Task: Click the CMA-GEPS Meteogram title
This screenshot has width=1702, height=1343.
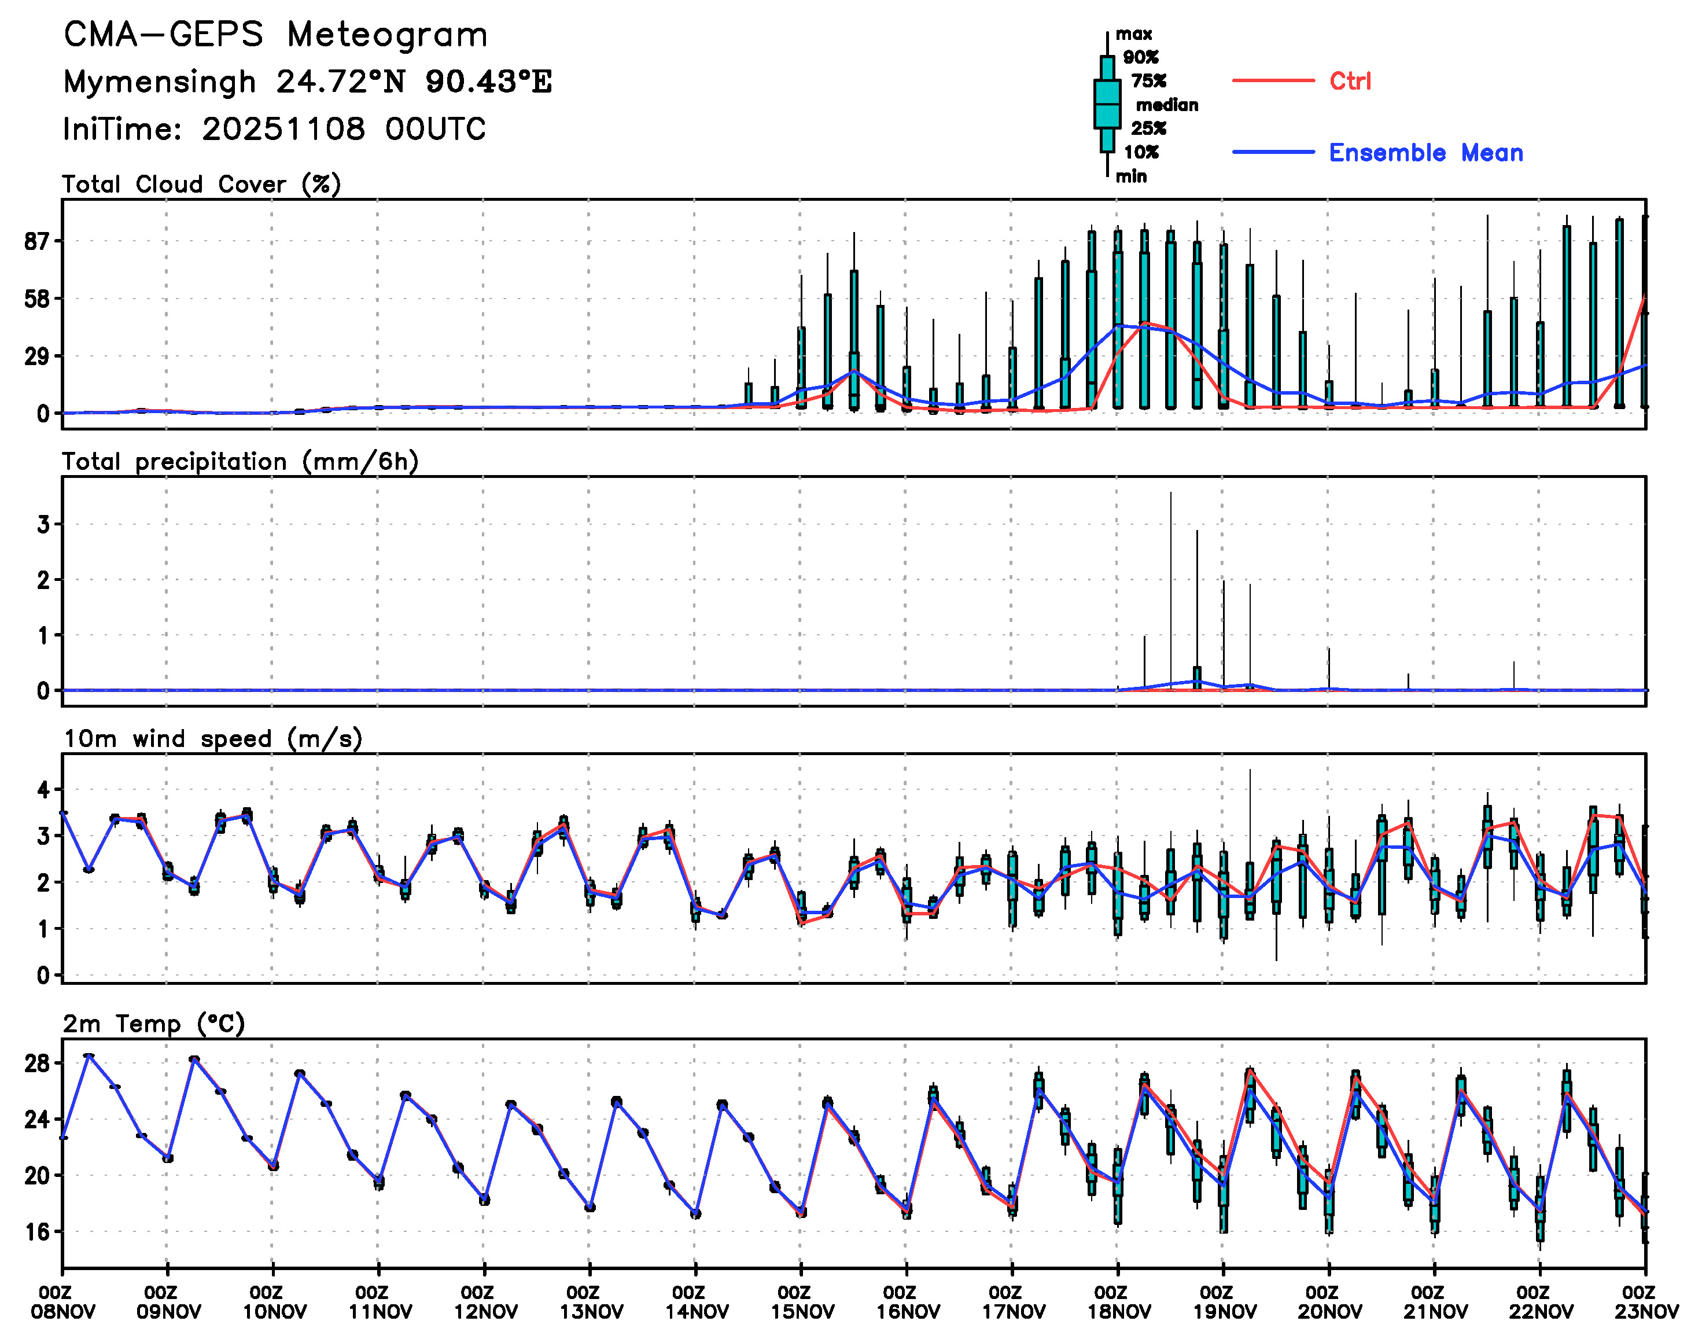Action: [275, 35]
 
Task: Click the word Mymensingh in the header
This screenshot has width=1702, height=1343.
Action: [160, 82]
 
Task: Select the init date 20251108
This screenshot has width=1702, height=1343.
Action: [283, 129]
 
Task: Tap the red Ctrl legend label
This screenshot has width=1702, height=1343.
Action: [1350, 81]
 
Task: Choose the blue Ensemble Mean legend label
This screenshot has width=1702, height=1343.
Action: [1425, 153]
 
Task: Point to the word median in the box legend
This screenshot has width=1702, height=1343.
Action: [1167, 105]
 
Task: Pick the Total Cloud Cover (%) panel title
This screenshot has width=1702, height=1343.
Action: [201, 185]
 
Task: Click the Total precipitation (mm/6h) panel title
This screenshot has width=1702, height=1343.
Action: [240, 462]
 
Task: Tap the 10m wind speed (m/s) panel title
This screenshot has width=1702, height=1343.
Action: [212, 739]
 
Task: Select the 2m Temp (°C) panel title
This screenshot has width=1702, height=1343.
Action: [154, 1024]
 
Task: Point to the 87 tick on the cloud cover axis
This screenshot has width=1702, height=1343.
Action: [36, 241]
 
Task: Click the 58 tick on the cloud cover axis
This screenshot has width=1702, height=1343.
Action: [36, 299]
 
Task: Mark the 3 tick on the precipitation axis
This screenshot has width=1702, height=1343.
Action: [43, 524]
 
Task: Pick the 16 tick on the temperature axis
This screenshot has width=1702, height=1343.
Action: [36, 1232]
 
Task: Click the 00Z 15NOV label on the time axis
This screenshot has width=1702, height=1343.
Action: [801, 1302]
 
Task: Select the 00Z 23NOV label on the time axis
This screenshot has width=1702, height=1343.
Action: [1645, 1302]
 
